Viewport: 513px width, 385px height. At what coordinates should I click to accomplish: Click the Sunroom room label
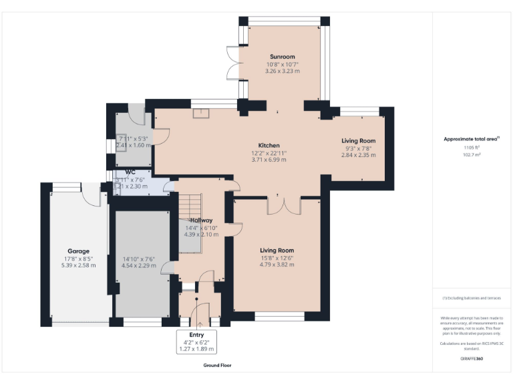coord(282,57)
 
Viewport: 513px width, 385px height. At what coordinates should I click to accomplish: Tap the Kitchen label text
coord(269,145)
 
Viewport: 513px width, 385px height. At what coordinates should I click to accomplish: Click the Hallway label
coord(201,220)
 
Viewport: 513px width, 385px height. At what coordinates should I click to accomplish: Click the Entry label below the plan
coord(196,334)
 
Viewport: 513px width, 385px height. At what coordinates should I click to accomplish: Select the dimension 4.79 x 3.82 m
coord(277,265)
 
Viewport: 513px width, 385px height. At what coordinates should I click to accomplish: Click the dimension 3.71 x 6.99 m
coord(269,160)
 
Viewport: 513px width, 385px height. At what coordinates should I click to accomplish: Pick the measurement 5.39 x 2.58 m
coord(78,265)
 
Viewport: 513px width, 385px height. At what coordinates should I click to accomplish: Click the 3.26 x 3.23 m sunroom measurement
coord(282,71)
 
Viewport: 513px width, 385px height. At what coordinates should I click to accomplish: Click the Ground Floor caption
coord(217,366)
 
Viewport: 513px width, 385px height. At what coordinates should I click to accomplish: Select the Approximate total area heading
coord(472,139)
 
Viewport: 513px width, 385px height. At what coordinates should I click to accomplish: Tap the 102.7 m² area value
coord(472,154)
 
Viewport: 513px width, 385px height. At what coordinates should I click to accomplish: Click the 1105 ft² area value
coord(472,148)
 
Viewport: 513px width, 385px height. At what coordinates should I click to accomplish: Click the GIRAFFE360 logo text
coord(472,359)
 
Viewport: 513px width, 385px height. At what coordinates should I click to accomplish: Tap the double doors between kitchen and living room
coord(277,205)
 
